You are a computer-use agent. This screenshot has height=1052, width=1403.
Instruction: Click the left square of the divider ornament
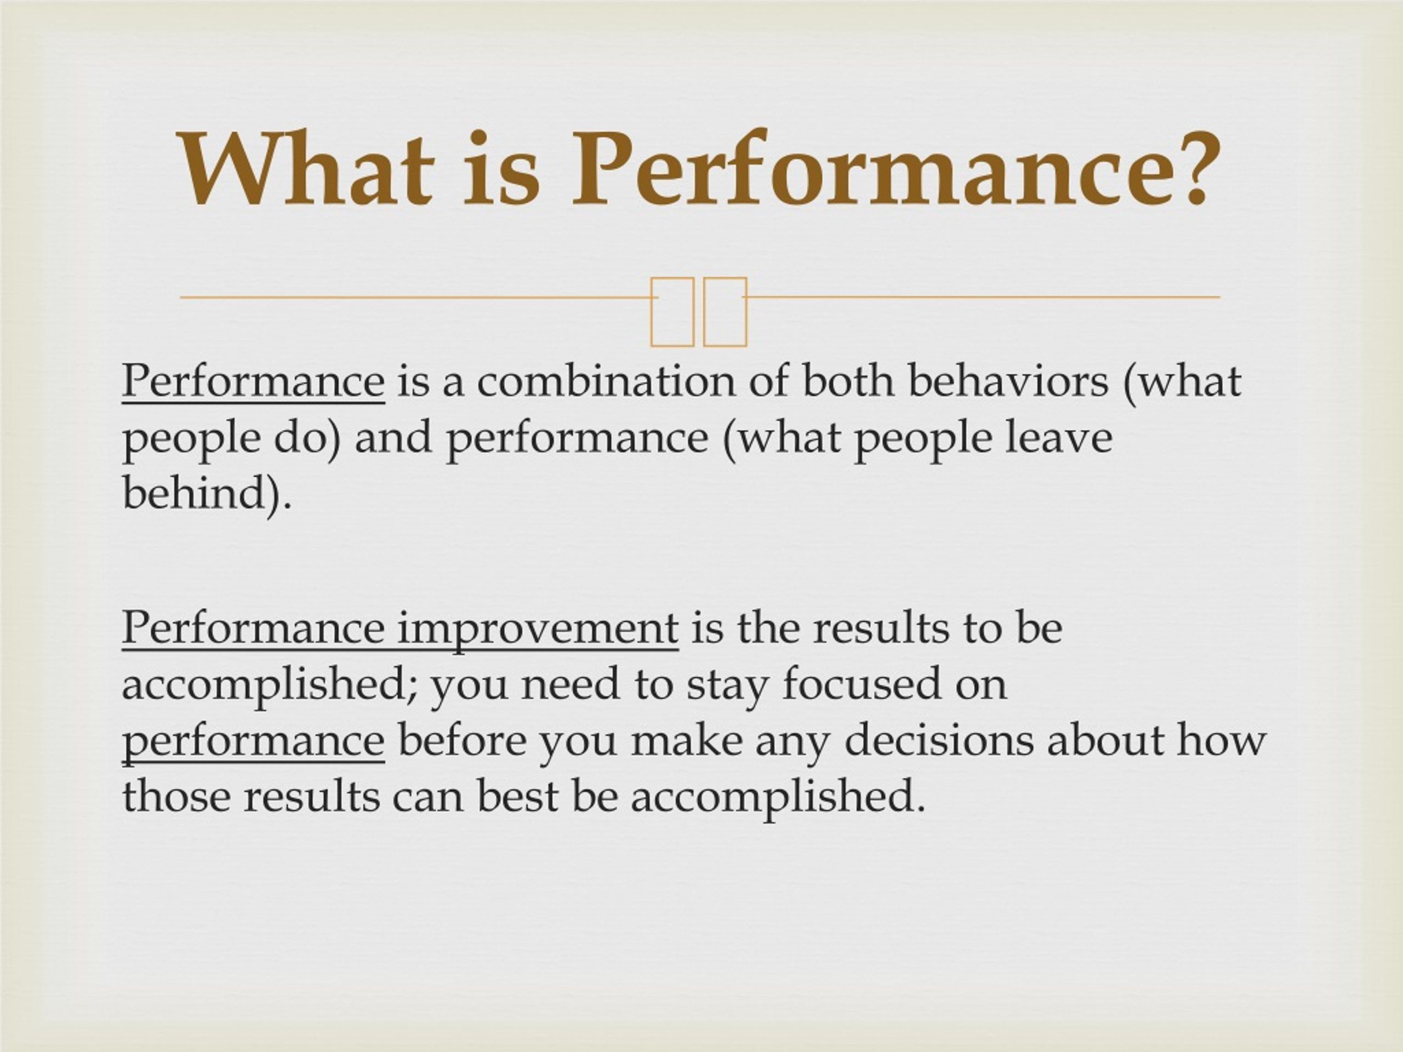(672, 312)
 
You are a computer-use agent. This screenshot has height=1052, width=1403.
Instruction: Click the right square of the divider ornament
(725, 312)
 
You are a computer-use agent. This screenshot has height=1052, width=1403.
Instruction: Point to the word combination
(606, 381)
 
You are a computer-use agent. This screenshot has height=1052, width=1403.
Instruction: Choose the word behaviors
(1008, 381)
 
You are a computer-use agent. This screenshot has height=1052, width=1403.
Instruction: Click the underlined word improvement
(538, 628)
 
